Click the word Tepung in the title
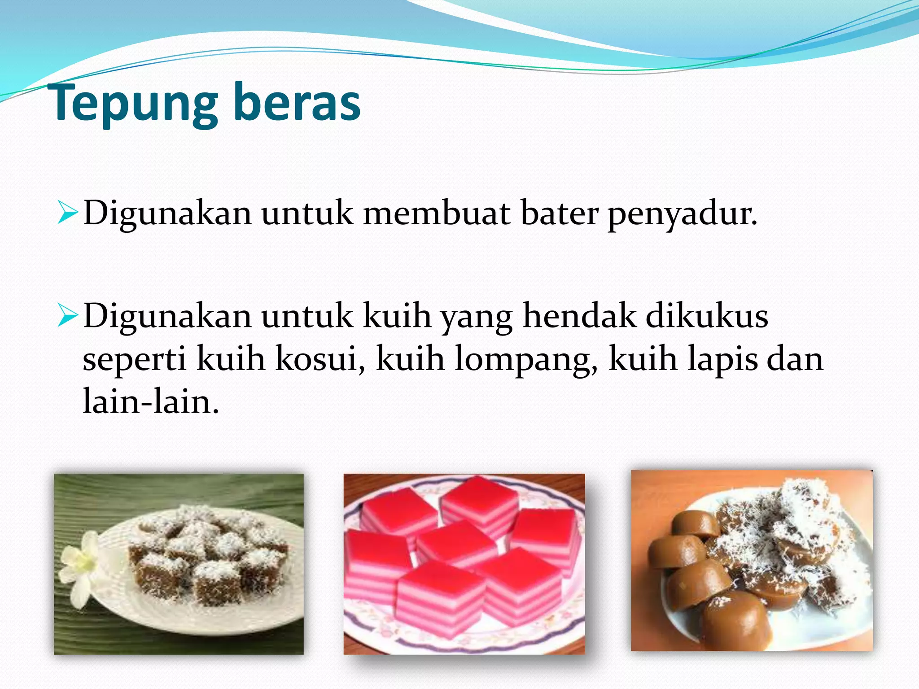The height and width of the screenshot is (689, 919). pos(135,104)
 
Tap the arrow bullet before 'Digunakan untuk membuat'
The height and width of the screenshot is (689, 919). pos(68,213)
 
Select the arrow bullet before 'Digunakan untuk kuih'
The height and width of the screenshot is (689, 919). pos(68,317)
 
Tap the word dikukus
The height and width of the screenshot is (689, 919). pos(707,316)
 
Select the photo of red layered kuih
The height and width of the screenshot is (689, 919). pos(464,564)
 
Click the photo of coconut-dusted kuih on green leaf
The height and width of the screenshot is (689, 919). pos(179,564)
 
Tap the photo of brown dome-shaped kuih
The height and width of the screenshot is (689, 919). pos(752,561)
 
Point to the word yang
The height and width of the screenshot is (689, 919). pos(477,318)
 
